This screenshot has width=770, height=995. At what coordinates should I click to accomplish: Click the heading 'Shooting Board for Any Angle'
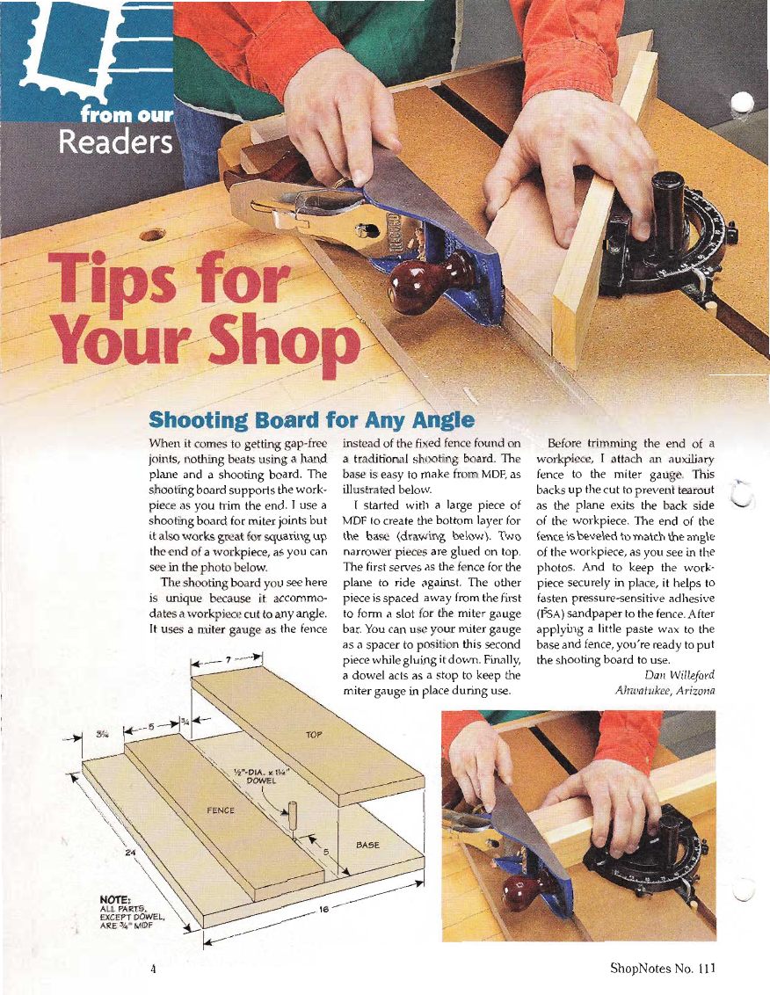pos(311,420)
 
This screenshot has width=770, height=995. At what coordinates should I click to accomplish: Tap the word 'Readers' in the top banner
pos(115,142)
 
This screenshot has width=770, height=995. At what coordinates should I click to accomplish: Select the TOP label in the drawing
pos(314,735)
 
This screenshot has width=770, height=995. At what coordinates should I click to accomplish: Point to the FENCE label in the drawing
pos(221,810)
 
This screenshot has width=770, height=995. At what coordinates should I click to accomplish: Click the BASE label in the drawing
pos(367,845)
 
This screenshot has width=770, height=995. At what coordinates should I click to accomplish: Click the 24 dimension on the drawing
pos(130,853)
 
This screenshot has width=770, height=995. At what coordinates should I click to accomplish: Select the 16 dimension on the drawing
pos(323,910)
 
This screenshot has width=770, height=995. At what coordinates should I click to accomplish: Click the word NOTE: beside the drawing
pos(115,899)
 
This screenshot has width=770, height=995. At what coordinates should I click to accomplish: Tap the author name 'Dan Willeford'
pos(679,675)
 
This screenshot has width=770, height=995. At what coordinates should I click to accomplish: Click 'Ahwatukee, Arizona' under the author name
pos(665,690)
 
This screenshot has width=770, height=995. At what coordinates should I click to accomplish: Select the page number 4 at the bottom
pos(152,969)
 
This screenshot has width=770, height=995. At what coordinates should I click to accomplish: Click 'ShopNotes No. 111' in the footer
pos(662,969)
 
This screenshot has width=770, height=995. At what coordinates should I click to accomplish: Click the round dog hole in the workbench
pos(152,236)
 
